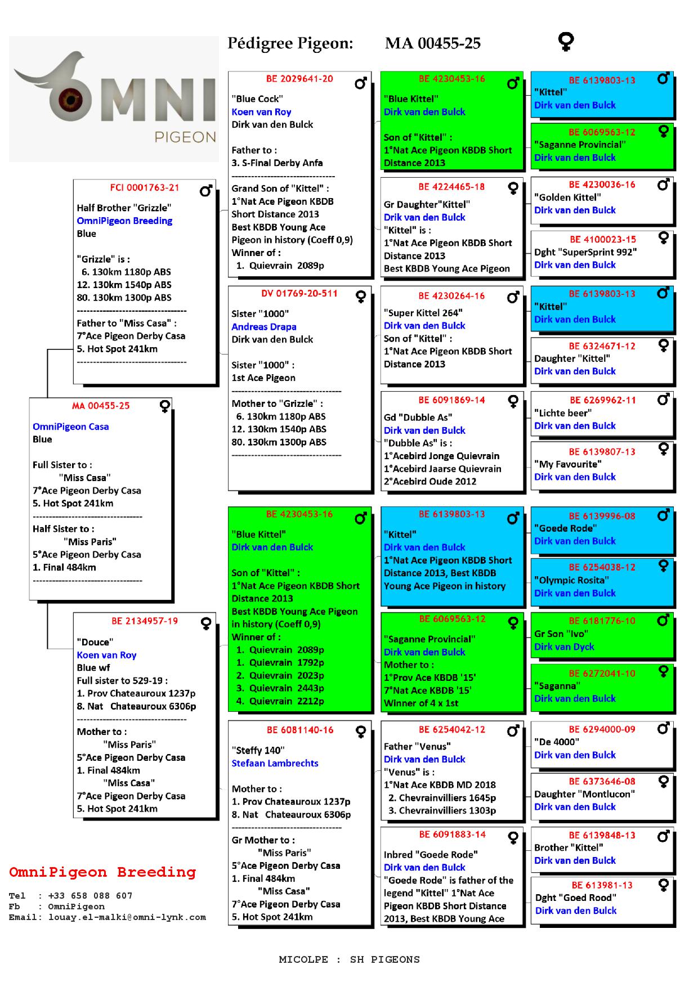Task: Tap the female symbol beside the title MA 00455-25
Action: pos(565,42)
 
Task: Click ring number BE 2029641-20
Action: pos(299,79)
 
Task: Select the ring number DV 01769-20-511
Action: pos(299,294)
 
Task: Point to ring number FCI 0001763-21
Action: pos(145,188)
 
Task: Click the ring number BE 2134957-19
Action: pos(145,621)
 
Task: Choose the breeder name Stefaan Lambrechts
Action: pos(275,764)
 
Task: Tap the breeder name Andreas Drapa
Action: pos(264,327)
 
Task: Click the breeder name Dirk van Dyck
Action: pos(564,647)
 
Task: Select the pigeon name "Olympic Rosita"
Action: pos(571,581)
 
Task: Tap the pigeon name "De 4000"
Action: pos(556,742)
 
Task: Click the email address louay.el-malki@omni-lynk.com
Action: pos(127,918)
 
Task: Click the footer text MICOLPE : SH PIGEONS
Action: pos(349,960)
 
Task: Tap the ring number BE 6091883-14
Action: pos(452,835)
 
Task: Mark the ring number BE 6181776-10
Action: pos(602,621)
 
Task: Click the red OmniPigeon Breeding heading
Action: pos(102,873)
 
